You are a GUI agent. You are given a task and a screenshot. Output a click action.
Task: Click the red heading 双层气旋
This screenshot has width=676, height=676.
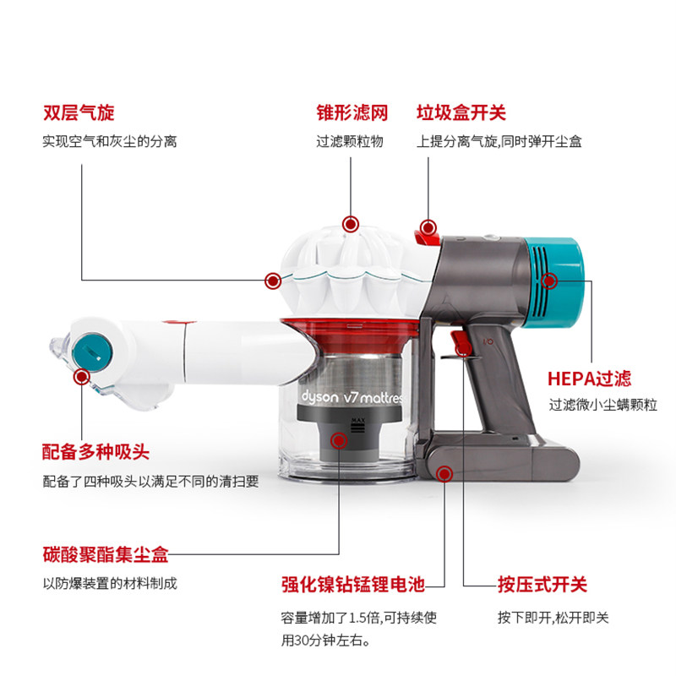coord(79,112)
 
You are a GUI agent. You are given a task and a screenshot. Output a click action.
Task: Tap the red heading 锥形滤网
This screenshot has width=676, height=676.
coord(352,112)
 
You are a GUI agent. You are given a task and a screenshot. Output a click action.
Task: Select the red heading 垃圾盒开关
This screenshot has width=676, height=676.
coord(461,112)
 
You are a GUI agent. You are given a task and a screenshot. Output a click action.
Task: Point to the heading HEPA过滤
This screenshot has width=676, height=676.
coord(589,379)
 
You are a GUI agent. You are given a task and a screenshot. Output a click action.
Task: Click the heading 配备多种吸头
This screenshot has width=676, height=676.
coord(95,452)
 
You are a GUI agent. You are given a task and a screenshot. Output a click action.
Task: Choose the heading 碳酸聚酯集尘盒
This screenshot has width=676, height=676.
coord(106,554)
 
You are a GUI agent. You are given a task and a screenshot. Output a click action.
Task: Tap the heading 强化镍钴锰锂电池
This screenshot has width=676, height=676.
coord(353,585)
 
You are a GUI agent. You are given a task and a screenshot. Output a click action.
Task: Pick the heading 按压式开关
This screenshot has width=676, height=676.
coord(542,585)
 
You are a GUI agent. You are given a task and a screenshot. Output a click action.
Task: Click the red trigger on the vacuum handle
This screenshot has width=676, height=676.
coord(461,342)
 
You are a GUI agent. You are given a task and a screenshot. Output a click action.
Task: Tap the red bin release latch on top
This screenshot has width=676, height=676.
coord(427,236)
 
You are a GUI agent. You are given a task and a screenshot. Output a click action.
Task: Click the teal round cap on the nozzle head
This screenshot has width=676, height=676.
coord(92,352)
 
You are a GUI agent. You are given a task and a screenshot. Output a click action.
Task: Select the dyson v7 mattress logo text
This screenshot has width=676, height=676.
coord(352,396)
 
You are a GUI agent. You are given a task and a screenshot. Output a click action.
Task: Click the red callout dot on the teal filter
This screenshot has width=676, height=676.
coord(549,281)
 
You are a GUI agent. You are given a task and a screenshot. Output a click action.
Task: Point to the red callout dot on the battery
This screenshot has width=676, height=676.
coord(444,474)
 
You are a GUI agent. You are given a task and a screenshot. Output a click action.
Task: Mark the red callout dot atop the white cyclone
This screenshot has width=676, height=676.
coord(351,224)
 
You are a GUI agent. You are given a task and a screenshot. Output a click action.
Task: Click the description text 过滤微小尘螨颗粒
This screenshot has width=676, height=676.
coord(602,405)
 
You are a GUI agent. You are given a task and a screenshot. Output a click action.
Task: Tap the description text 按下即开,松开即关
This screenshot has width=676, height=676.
coord(553,618)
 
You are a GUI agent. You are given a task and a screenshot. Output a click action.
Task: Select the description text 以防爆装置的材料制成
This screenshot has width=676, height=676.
coord(110,583)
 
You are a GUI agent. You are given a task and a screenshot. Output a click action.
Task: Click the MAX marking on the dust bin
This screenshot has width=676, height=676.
coord(357,420)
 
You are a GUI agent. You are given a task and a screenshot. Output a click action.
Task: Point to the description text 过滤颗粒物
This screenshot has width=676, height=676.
coord(350,141)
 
